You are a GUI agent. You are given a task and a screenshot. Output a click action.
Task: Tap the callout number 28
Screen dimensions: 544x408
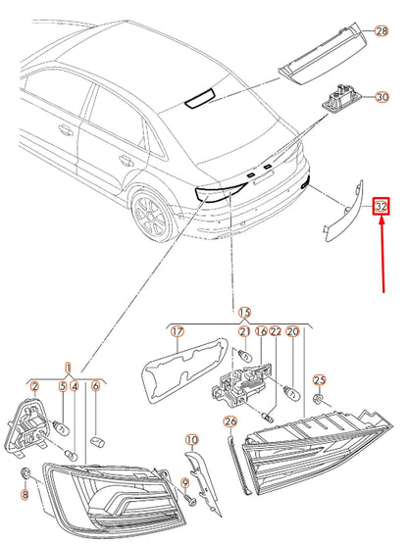pyautogui.click(x=382, y=32)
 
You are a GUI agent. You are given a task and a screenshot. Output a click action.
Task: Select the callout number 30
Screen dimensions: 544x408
pyautogui.click(x=382, y=96)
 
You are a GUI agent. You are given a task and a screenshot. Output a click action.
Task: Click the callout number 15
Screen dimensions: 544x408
pyautogui.click(x=244, y=311)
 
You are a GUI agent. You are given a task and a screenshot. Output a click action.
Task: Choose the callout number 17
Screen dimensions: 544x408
pyautogui.click(x=178, y=332)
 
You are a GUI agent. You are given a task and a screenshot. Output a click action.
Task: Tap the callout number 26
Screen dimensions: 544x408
pyautogui.click(x=231, y=422)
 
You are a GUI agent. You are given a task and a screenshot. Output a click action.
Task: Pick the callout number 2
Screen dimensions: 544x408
pyautogui.click(x=34, y=387)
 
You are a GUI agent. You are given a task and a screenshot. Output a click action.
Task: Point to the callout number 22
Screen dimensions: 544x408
pyautogui.click(x=277, y=332)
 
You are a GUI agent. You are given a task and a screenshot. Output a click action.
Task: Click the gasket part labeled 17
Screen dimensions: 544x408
pyautogui.click(x=177, y=376)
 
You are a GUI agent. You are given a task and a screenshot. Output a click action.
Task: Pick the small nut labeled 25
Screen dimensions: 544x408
pyautogui.click(x=318, y=401)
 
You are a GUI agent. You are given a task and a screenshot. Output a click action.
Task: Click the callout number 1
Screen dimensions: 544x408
pyautogui.click(x=68, y=367)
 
